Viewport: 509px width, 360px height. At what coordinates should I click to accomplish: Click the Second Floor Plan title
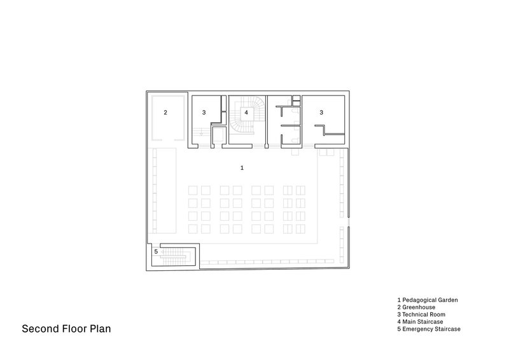66,328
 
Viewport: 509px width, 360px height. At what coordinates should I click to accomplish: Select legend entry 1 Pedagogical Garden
428,300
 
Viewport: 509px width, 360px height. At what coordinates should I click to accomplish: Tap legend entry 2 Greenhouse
416,307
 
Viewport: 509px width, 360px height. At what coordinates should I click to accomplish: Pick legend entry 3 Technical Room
421,314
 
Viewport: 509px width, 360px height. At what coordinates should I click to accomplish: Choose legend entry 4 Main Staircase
420,322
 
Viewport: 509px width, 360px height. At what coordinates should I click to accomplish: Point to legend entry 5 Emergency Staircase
429,329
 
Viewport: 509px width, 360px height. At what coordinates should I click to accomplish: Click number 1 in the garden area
242,167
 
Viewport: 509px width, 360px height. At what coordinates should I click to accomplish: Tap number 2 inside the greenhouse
165,113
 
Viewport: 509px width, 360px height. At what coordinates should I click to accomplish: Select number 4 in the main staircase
246,113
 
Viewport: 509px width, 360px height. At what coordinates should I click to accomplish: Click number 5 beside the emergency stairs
156,252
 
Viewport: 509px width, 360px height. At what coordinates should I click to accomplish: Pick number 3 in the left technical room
204,113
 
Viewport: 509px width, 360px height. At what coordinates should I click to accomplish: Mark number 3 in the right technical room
321,113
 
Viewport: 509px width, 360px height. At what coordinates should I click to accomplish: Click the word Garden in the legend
447,300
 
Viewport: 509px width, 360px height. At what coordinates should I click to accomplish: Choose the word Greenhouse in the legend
419,307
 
